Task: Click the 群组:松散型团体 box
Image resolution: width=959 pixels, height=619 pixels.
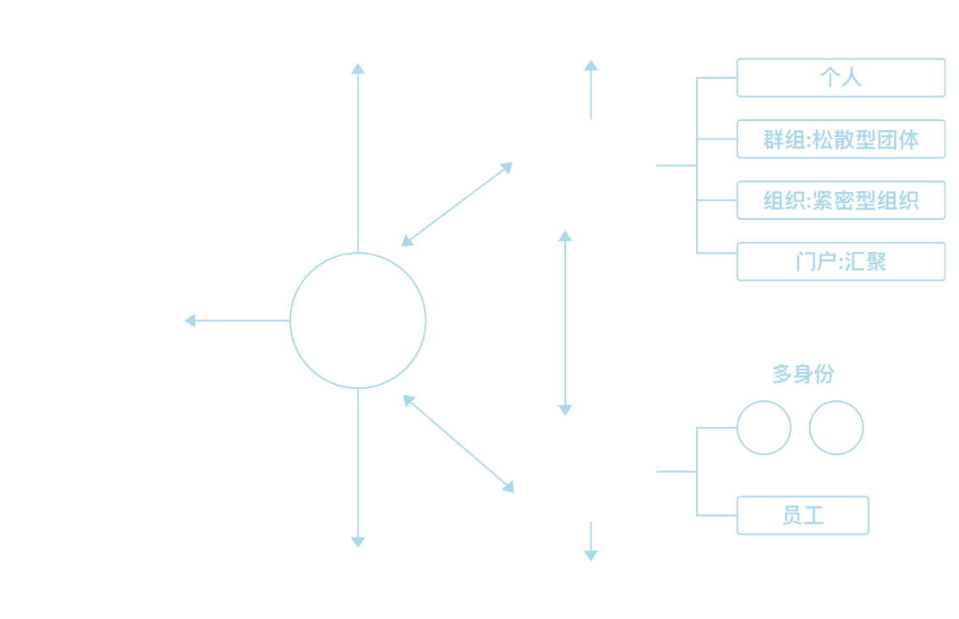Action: coord(841,140)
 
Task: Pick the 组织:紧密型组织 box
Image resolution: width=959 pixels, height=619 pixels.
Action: coord(841,200)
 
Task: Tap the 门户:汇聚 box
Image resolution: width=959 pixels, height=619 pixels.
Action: coord(841,261)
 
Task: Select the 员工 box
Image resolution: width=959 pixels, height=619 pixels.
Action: coord(803,515)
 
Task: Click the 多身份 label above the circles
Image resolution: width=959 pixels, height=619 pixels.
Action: coord(803,374)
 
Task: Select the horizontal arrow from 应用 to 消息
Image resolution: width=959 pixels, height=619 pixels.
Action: coord(237,321)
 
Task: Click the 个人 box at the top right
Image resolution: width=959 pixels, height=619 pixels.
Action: coord(841,79)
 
